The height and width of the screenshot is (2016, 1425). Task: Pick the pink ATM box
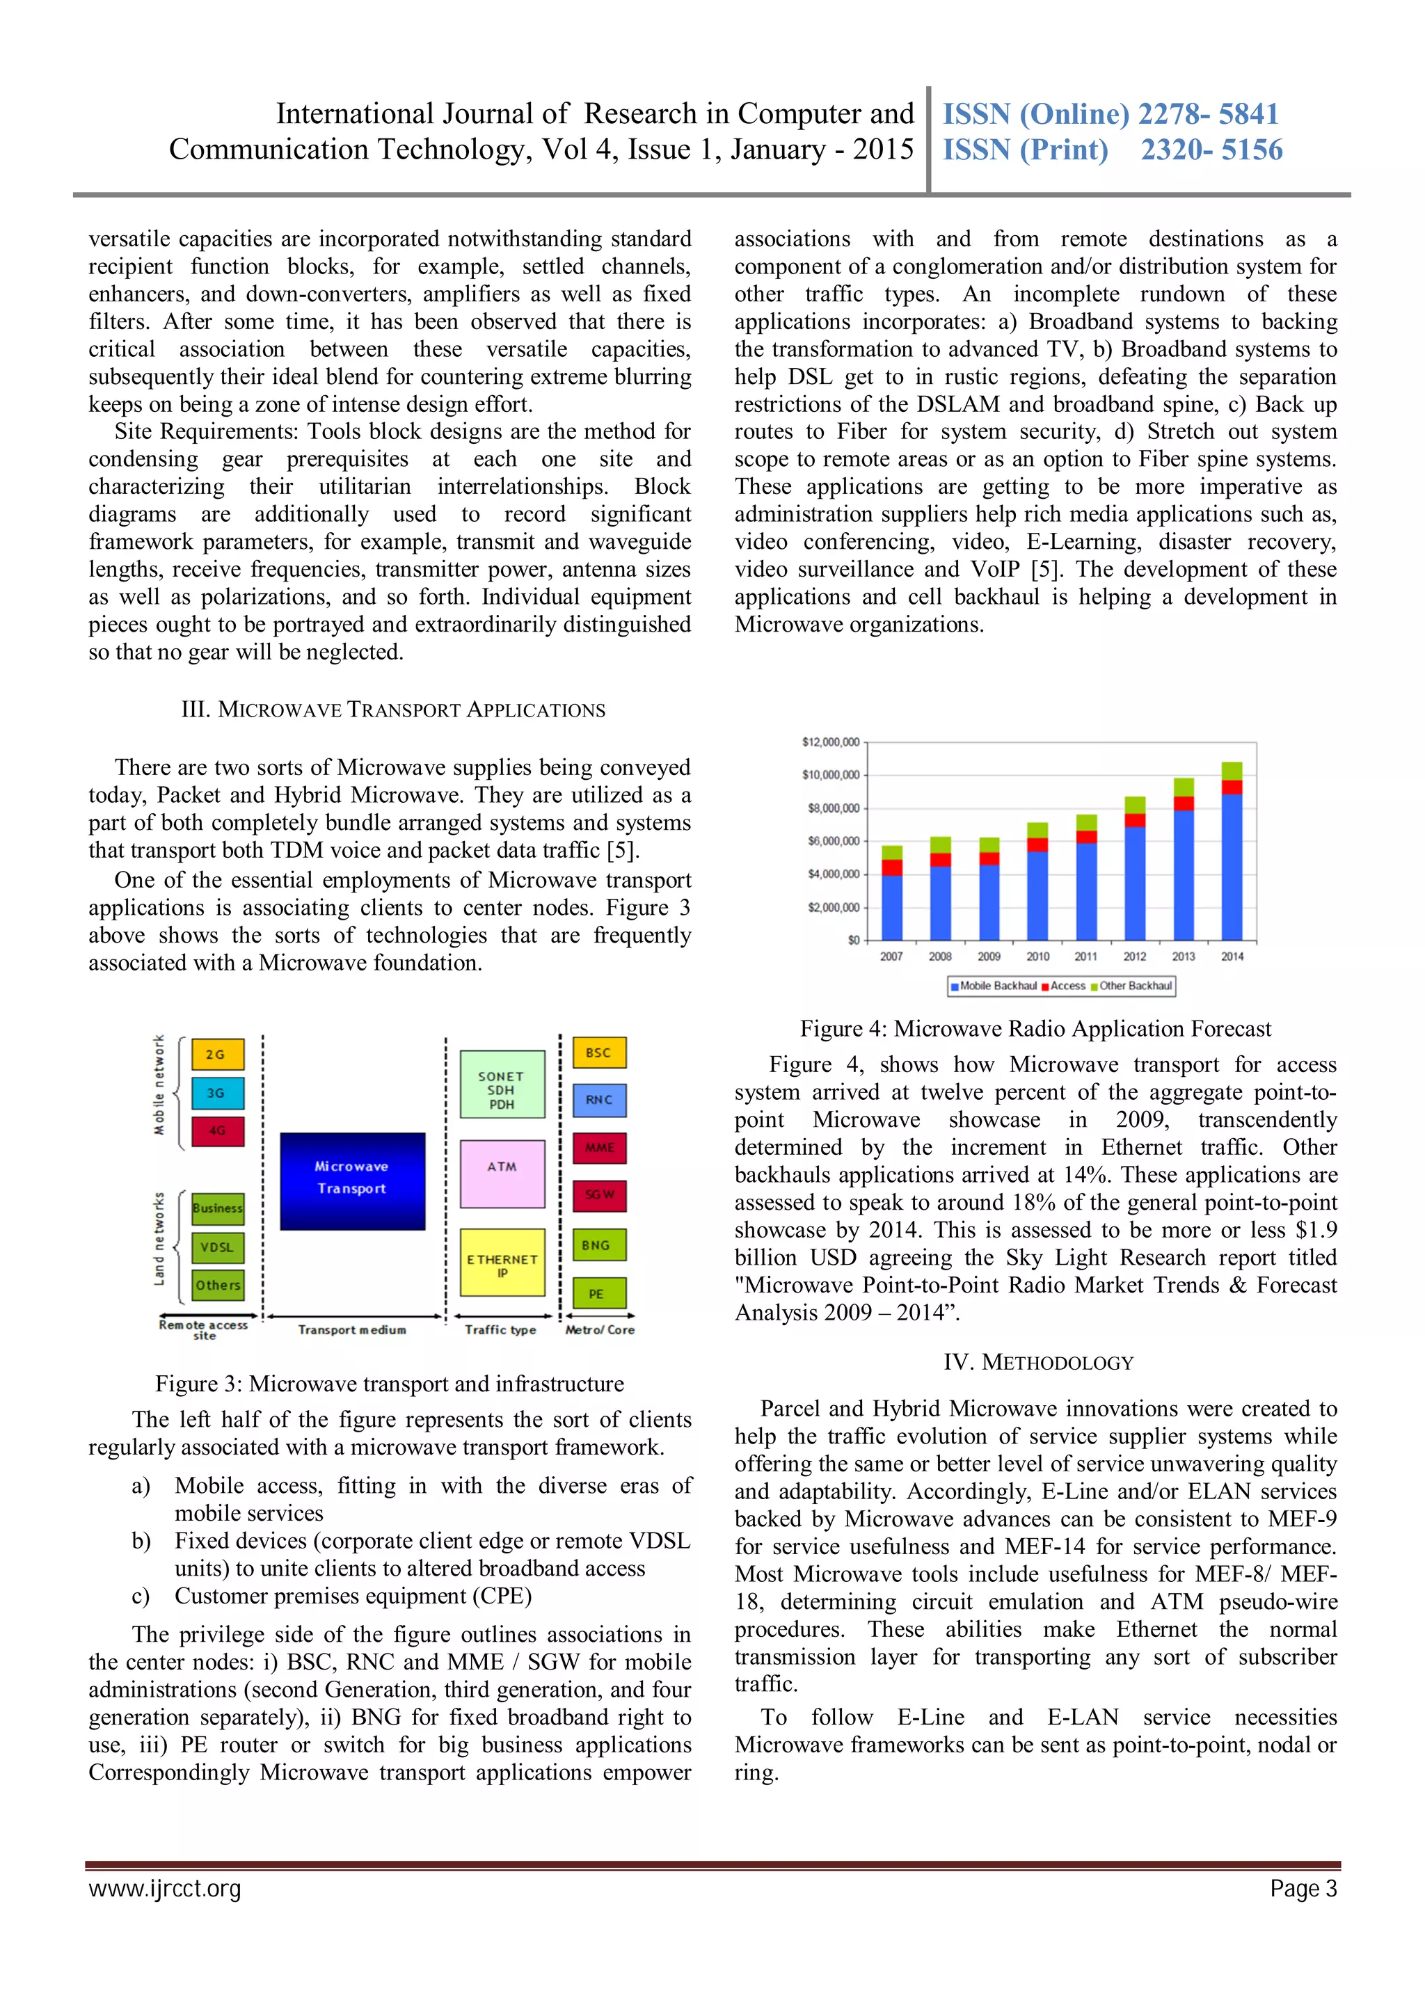502,1173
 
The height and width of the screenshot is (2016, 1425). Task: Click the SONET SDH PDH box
502,1084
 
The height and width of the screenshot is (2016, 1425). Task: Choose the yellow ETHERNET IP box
502,1263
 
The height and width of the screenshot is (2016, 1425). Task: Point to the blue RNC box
599,1099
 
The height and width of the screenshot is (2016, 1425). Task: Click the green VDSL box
217,1247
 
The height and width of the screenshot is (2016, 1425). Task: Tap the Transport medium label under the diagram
352,1329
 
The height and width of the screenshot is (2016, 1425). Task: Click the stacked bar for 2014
1231,851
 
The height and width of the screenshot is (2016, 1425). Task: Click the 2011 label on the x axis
1085,957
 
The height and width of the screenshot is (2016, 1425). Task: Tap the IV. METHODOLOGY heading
1038,1362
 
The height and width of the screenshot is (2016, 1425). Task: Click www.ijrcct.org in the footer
164,1888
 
